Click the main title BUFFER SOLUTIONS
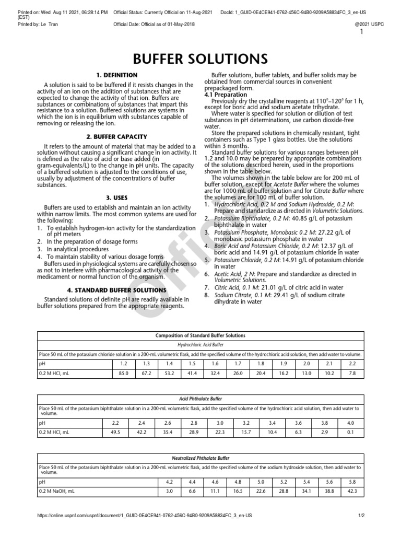point(200,57)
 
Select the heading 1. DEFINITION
point(117,75)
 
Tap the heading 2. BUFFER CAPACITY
point(117,137)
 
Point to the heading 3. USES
point(117,198)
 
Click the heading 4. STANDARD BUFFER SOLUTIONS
point(117,290)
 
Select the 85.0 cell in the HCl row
point(124,373)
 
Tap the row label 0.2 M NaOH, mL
point(57,492)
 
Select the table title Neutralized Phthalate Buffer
point(200,458)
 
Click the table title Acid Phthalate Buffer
point(200,398)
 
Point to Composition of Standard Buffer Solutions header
point(200,335)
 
